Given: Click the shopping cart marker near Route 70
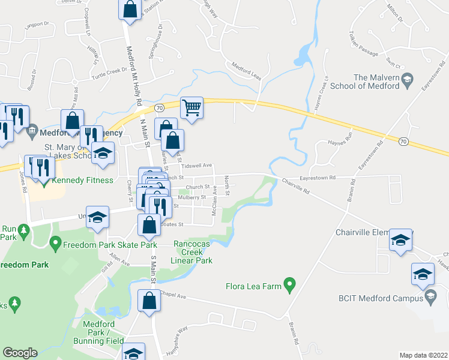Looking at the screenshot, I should coord(191,109).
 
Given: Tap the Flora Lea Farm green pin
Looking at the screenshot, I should coord(290,283).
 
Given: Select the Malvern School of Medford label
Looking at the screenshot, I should coord(376,82).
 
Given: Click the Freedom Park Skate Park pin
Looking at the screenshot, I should coord(56,244).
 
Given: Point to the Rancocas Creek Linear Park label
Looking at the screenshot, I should coord(193,252).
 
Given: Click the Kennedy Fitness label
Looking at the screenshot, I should coord(74,180).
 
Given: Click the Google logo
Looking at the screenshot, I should coord(20,353).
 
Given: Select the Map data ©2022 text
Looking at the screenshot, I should coord(423,355).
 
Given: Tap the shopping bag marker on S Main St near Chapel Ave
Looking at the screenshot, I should coord(149,301).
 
